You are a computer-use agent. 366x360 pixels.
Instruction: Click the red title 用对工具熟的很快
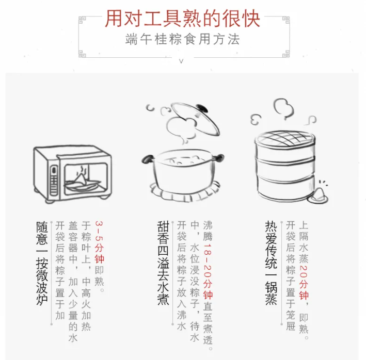(182, 19)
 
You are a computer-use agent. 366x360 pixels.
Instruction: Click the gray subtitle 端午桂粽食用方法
(183, 39)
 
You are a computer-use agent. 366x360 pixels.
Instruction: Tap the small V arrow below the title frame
(181, 61)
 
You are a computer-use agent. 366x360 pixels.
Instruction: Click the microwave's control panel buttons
(54, 180)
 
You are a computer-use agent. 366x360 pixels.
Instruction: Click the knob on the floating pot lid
(202, 108)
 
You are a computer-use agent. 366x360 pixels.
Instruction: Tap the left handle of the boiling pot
(148, 159)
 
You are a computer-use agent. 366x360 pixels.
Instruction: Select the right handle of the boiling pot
(218, 158)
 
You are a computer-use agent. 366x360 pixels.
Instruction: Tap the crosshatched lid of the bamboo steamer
(285, 138)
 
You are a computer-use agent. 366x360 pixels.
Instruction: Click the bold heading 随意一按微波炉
(42, 263)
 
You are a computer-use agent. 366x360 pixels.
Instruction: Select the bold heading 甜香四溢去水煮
(163, 263)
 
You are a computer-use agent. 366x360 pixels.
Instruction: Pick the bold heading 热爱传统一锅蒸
(271, 263)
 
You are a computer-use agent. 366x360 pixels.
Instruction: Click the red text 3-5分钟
(99, 242)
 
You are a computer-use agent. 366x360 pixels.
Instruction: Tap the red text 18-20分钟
(208, 272)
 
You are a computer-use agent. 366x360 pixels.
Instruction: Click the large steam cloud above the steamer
(283, 108)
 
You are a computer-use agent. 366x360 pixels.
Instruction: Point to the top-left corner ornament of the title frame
(82, 20)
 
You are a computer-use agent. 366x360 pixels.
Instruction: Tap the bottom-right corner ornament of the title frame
(286, 54)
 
